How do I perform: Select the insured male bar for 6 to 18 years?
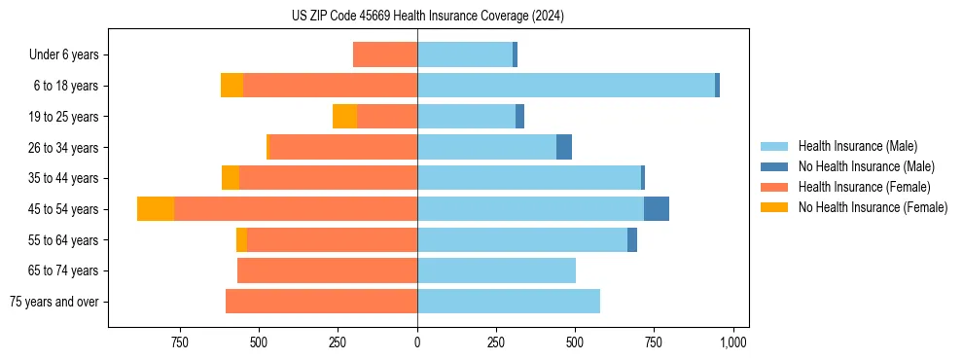(x=566, y=86)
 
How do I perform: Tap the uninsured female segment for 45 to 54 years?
(x=156, y=209)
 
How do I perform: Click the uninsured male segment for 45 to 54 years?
(x=657, y=209)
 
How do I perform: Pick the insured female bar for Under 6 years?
(x=385, y=54)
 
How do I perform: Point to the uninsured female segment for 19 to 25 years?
(x=344, y=117)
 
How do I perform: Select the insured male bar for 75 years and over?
(x=509, y=302)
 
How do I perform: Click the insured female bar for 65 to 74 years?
(x=327, y=270)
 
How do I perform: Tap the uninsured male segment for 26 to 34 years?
(x=564, y=147)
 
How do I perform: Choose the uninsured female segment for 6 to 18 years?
(x=232, y=86)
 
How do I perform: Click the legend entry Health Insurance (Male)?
(x=856, y=146)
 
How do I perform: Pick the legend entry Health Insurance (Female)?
(x=864, y=187)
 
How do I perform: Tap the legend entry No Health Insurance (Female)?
(x=873, y=207)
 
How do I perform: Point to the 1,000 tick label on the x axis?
(x=732, y=342)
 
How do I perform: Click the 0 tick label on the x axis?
(x=417, y=342)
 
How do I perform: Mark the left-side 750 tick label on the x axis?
(x=179, y=342)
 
